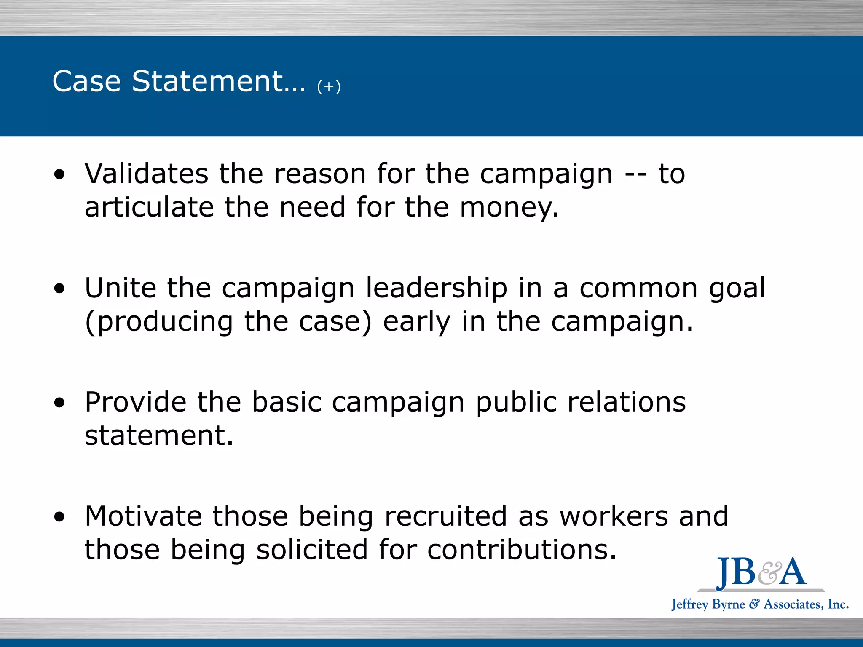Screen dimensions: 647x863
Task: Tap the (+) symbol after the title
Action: tap(329, 86)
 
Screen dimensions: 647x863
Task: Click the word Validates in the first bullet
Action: tap(146, 174)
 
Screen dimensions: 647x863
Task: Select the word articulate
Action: tap(149, 207)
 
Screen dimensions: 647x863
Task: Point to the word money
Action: tap(509, 208)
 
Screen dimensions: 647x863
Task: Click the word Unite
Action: tap(121, 288)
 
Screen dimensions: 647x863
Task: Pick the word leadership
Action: tap(436, 289)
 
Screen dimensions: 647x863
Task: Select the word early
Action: tap(417, 322)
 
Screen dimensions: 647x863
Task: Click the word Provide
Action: tap(135, 402)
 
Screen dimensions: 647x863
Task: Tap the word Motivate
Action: tap(143, 516)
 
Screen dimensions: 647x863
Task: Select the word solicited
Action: tap(312, 550)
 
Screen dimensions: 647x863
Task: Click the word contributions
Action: tap(522, 550)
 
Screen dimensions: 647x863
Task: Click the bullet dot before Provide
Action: tap(59, 402)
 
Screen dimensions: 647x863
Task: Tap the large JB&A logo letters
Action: tap(761, 572)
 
